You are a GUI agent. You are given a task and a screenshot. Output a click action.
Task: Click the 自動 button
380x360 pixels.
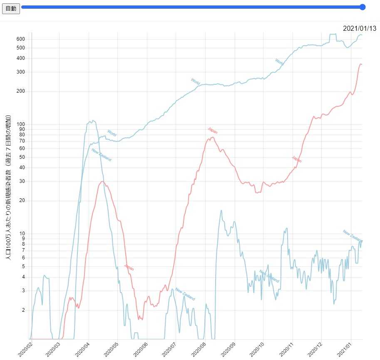point(11,8)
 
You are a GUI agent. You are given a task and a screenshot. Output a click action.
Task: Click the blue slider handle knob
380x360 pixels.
point(363,7)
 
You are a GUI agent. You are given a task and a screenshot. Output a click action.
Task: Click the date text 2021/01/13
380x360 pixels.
point(360,28)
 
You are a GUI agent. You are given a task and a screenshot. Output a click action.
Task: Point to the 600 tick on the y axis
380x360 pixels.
point(21,39)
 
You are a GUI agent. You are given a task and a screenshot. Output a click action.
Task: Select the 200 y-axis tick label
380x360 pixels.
point(21,91)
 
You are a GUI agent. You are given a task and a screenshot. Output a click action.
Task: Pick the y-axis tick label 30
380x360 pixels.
point(22,181)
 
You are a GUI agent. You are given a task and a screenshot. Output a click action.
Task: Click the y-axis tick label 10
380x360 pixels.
point(22,234)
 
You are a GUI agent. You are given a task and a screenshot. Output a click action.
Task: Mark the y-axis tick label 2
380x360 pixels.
point(23,310)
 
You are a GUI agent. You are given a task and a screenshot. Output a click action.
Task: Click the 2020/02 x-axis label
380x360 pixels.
point(25,349)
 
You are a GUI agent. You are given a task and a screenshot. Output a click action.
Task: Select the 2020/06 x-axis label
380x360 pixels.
point(141,349)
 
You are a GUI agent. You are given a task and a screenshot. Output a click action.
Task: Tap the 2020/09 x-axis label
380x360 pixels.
point(228,349)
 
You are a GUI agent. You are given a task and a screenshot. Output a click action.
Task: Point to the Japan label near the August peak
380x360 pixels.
point(212,131)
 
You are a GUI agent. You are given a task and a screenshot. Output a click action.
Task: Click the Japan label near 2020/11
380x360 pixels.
point(297,159)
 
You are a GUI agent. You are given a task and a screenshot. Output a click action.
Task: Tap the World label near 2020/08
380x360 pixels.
point(195,81)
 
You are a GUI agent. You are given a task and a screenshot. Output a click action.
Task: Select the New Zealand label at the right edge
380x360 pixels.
point(353,236)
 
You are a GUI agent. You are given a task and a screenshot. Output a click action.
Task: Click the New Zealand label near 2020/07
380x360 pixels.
point(185,294)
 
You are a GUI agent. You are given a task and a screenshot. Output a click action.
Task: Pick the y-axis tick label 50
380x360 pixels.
point(22,157)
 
